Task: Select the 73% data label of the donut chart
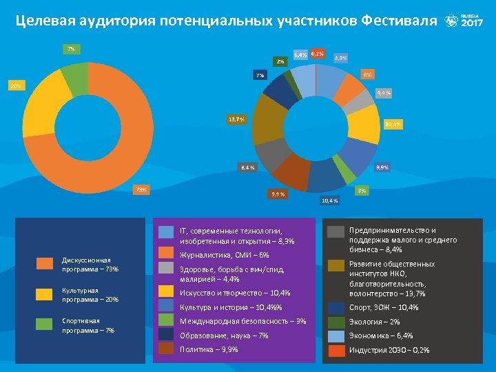141,189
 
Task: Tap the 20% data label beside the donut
15,85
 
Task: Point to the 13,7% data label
236,120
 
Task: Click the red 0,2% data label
318,54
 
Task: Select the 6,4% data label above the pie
300,54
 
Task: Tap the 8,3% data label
340,58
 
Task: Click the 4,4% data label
384,92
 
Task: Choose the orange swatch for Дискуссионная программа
45,264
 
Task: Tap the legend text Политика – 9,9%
209,349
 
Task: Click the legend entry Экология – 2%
374,322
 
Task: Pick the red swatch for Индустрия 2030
336,350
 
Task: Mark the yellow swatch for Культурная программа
45,294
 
